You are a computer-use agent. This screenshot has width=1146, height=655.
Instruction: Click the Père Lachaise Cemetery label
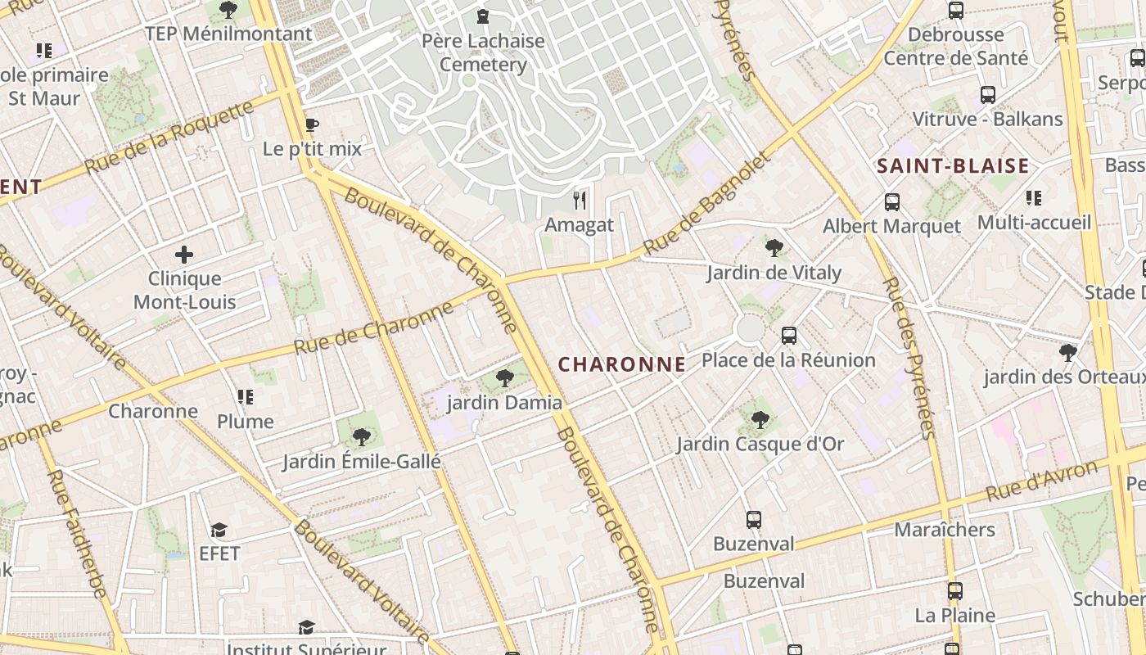(x=483, y=52)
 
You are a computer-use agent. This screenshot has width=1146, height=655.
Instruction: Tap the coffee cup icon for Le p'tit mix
(x=311, y=125)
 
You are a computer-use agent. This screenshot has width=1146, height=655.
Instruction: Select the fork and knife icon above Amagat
(x=580, y=200)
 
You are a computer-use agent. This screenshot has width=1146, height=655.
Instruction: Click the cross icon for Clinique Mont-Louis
(x=184, y=255)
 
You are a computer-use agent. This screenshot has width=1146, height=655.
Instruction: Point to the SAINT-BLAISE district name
(x=953, y=166)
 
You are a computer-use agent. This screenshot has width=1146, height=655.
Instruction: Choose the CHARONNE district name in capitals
(x=621, y=364)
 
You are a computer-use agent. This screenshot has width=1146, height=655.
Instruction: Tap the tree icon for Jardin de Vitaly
(x=774, y=247)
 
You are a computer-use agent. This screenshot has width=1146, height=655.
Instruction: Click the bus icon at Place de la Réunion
(x=789, y=336)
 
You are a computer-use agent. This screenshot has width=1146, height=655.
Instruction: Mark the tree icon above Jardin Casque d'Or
(x=760, y=420)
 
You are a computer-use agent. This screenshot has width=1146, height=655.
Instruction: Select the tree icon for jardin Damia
(x=505, y=378)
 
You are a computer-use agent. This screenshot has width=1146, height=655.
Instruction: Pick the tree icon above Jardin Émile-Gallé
(x=361, y=437)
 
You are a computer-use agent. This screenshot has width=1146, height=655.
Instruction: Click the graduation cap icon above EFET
(x=219, y=530)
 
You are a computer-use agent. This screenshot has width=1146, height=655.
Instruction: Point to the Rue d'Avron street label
(x=1041, y=481)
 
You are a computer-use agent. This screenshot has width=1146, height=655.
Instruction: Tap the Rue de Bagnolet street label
(x=707, y=204)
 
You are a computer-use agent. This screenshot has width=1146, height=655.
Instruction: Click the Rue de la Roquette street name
(x=169, y=137)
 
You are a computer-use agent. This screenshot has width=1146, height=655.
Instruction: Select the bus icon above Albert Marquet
(x=892, y=201)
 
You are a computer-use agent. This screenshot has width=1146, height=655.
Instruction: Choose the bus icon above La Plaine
(x=954, y=591)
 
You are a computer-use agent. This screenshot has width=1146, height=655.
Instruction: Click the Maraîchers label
(x=945, y=530)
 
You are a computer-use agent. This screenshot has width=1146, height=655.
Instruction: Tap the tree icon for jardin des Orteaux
(x=1067, y=353)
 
